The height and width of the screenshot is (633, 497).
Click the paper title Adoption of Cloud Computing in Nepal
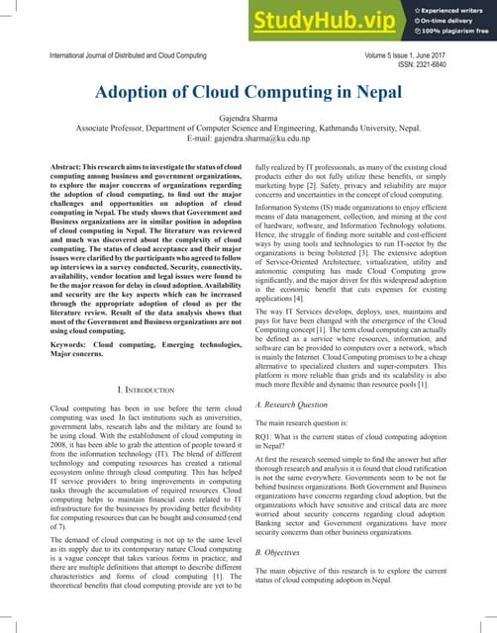point(248,93)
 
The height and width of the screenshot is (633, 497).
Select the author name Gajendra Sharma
point(248,117)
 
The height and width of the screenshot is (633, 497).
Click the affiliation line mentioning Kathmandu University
point(248,129)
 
